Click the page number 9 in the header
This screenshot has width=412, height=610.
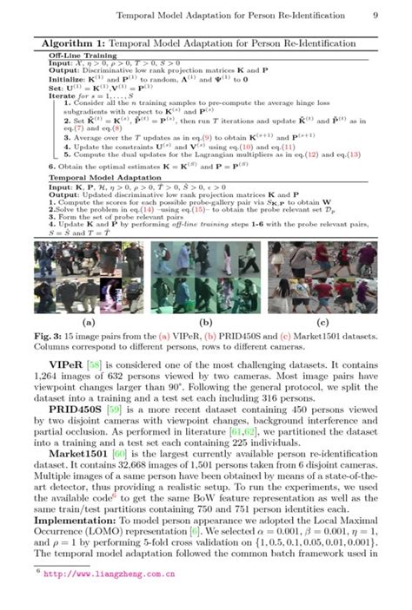[375, 15]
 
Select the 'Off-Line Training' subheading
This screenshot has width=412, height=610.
[76, 54]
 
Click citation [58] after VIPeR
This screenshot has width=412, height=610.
[97, 368]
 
